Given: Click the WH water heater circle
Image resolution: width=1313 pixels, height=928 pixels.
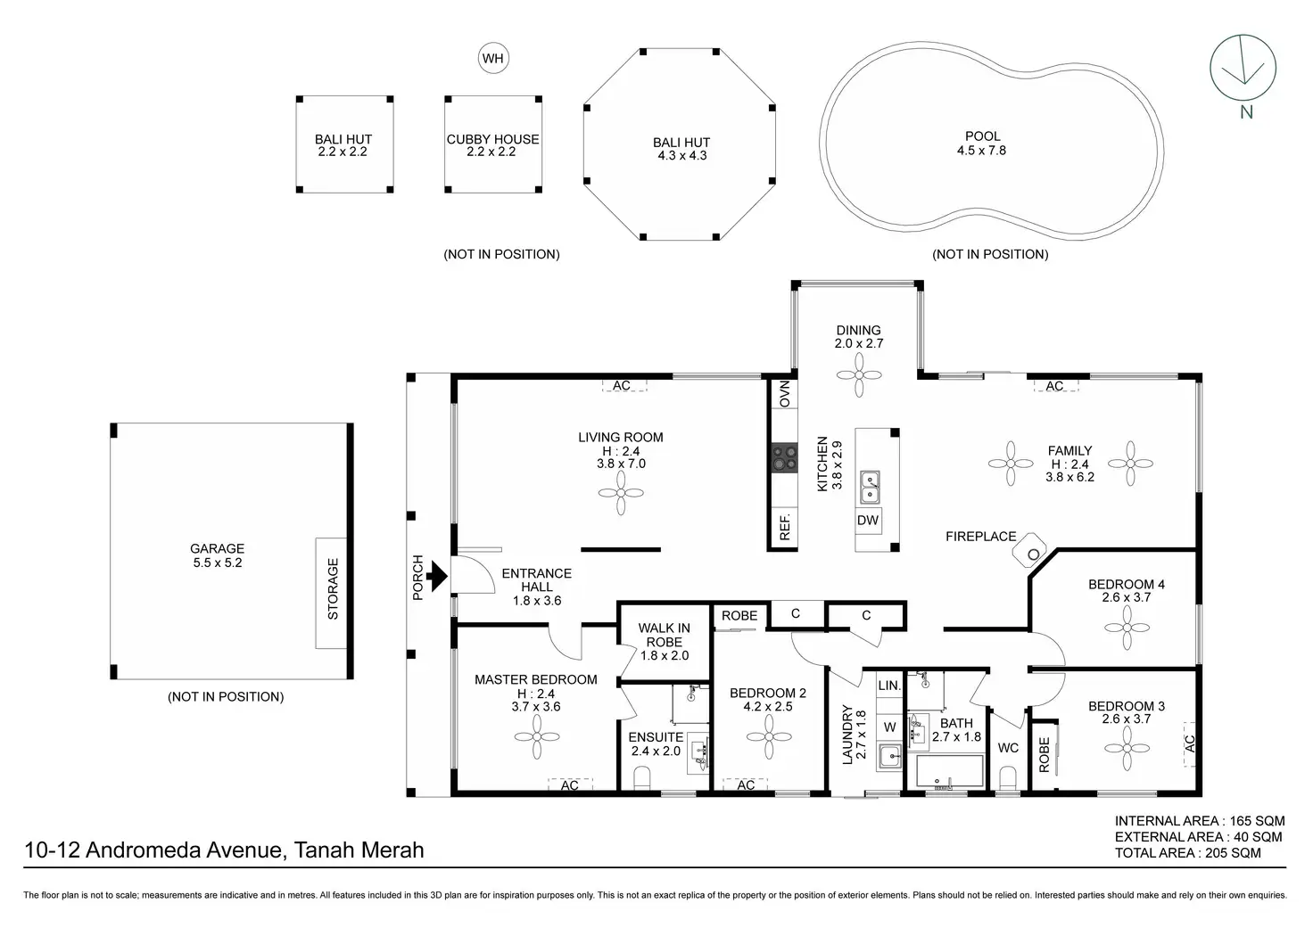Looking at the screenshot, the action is coord(493,58).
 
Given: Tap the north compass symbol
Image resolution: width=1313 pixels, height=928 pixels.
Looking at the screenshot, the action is coord(1243,68).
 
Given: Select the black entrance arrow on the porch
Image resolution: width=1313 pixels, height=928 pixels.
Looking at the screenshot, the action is coord(437,576).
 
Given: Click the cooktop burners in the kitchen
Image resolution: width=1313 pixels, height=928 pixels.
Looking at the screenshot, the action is coord(784,458).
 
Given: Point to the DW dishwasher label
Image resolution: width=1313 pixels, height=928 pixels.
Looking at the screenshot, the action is coord(868,520).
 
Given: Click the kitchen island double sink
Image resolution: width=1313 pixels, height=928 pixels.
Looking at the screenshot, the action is coord(870,487).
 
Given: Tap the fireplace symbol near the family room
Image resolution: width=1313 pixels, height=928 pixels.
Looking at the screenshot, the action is coord(1030,549).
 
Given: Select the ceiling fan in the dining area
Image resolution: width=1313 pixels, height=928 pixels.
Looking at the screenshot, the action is coord(859,375).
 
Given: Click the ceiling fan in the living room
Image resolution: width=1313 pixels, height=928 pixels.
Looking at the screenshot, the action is coord(621,493).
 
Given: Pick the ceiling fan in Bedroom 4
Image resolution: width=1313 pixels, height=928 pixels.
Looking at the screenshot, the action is coord(1127,628).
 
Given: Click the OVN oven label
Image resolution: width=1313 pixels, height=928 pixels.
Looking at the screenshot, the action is coord(785,394).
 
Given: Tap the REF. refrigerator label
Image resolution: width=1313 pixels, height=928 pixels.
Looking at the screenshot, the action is coord(785,527).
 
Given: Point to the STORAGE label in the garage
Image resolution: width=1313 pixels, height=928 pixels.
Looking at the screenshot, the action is coord(333,588).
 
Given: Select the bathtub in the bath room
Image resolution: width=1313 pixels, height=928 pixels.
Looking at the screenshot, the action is coord(950,771).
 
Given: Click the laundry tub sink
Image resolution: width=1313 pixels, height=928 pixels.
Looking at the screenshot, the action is coord(890,756).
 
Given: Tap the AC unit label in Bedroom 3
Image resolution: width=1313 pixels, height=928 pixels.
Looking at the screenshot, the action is coord(1189,744).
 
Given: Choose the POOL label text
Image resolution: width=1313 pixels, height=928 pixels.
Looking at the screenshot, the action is coord(982,136).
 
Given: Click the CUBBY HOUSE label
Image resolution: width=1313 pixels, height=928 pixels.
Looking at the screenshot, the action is coord(492,139).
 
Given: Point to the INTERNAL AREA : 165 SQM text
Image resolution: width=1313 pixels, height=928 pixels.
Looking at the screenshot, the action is coord(1200,821).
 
